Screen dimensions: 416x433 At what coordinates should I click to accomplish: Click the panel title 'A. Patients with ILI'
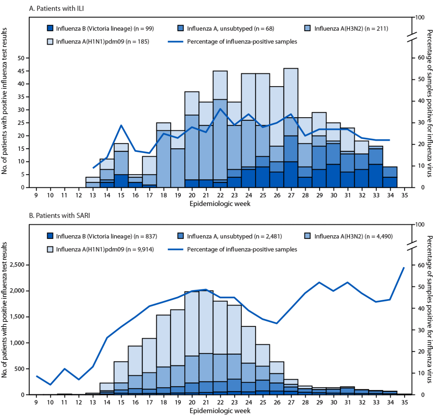(56, 8)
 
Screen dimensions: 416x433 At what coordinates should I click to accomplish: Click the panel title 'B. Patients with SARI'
(59, 215)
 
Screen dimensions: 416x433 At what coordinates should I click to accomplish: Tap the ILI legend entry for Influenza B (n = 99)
(100, 28)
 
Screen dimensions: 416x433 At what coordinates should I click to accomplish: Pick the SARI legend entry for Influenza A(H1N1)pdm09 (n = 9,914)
(100, 249)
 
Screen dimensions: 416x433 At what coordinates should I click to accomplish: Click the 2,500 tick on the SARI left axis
(18, 265)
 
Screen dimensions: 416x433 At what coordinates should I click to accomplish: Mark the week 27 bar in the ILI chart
(291, 128)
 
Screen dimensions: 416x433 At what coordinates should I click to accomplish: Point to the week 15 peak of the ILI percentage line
(121, 125)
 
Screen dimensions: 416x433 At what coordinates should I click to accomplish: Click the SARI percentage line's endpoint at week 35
(404, 267)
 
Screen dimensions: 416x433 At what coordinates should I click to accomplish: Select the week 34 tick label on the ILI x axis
(390, 195)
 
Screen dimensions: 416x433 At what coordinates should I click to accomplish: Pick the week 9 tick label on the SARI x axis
(36, 402)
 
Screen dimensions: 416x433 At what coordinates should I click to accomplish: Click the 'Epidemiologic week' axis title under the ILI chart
(220, 203)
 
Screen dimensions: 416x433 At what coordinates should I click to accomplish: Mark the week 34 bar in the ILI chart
(390, 177)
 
